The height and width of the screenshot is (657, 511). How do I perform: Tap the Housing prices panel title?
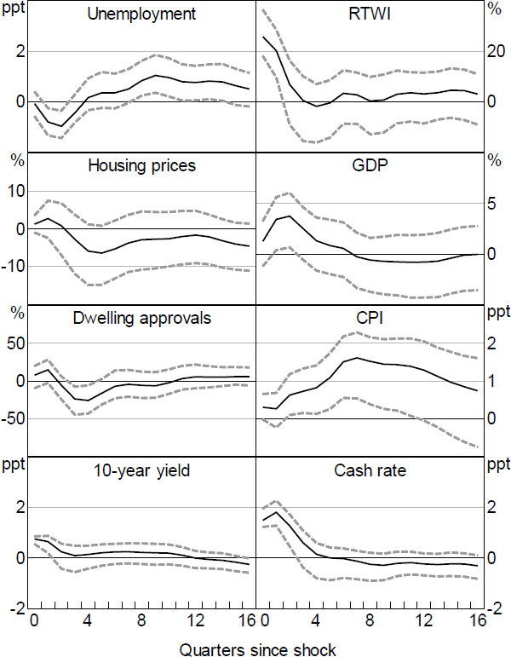142,165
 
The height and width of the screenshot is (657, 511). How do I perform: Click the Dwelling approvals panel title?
142,318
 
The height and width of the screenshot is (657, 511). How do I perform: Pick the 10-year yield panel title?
142,470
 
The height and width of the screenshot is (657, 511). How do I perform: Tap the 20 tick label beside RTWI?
496,51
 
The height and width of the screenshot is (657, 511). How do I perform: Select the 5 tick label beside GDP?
491,204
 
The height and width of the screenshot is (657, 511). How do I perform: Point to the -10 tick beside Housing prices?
13,267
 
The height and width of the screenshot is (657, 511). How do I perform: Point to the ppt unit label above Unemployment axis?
14,14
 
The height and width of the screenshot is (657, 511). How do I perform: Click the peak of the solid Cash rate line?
275,512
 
